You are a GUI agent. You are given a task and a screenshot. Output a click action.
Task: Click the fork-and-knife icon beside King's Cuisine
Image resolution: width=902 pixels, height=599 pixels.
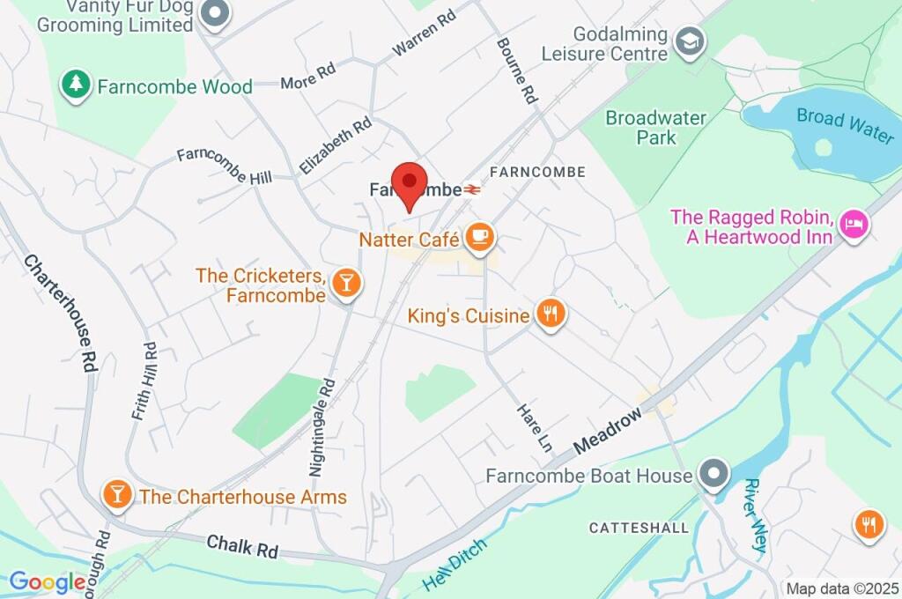click(x=551, y=313)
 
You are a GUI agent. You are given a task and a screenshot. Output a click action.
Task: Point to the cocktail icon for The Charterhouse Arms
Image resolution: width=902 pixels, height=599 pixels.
click(x=116, y=494)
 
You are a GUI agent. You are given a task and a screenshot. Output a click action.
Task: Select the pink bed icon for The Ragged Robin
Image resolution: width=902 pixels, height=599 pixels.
click(x=854, y=226)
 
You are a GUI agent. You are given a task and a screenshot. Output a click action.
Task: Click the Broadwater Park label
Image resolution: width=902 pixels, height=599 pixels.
click(x=656, y=128)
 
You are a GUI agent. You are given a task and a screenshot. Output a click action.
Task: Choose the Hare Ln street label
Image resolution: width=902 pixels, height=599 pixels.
click(x=533, y=428)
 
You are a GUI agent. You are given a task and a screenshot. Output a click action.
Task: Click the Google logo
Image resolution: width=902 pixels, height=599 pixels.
click(x=48, y=581)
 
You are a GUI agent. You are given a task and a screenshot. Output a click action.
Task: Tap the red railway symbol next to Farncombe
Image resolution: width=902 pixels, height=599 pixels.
click(x=473, y=189)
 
